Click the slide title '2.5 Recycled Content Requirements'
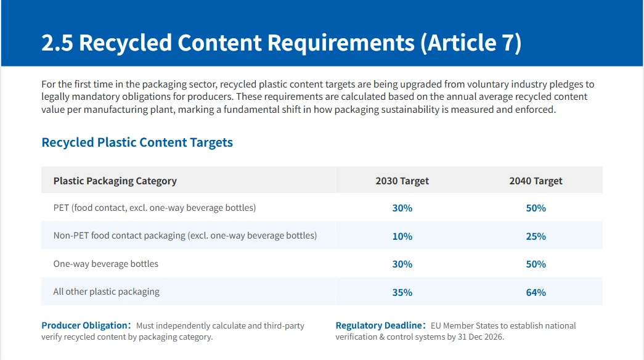[x=228, y=43]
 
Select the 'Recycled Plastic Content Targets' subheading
[x=137, y=142]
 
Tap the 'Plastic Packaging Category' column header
[x=115, y=181]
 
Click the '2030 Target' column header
[x=402, y=181]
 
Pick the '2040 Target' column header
[x=536, y=181]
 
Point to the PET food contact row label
[x=155, y=208]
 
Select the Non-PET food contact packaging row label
[x=185, y=235]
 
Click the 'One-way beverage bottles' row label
[x=105, y=264]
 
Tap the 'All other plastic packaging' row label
[x=107, y=292]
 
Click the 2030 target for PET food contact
[x=402, y=208]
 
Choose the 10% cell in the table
[x=402, y=236]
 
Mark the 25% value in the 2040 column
[x=536, y=236]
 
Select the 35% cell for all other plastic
[x=402, y=292]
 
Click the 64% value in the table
[x=536, y=292]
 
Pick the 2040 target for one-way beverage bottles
[x=536, y=264]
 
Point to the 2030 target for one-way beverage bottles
[x=402, y=264]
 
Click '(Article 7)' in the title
[x=471, y=43]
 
